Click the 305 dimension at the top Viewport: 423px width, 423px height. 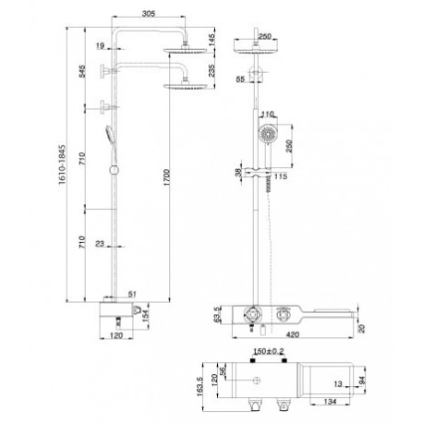point(149,14)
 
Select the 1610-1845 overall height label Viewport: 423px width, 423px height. point(63,164)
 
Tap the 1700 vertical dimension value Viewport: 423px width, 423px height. point(166,177)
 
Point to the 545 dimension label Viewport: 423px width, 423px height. point(82,71)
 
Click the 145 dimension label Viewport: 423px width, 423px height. point(212,40)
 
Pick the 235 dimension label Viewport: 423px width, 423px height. point(212,70)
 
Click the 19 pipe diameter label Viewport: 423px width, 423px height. point(100,46)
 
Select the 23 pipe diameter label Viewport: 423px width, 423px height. point(100,244)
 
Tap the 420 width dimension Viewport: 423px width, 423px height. point(293,334)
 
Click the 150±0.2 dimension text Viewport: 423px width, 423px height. point(269,351)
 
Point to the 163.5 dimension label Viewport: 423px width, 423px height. point(199,386)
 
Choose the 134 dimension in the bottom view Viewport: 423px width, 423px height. point(330,401)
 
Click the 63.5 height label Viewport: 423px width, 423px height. point(217,314)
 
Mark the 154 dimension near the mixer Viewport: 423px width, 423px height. point(145,316)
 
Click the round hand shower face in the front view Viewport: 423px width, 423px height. point(267,134)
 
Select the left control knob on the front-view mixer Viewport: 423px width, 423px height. point(252,314)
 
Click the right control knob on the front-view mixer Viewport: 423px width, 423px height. point(283,314)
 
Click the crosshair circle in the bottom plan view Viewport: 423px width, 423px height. point(257,381)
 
